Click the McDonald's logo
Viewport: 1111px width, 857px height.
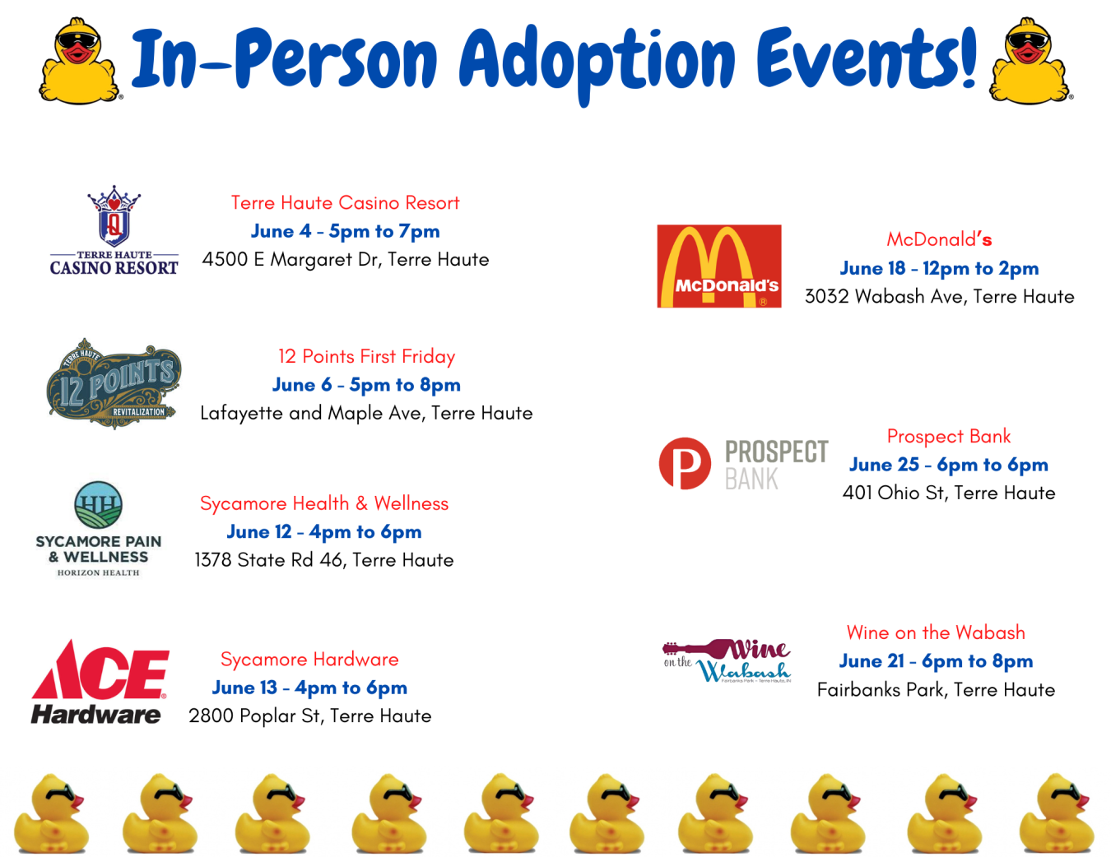(718, 266)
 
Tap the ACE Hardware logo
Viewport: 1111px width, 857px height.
(100, 683)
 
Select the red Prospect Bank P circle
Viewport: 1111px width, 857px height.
(685, 463)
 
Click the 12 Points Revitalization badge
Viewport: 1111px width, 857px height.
(113, 384)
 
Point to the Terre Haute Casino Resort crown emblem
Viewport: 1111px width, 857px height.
(114, 216)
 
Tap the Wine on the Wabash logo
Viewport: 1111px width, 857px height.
(727, 661)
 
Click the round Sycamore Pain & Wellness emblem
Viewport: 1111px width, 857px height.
(98, 505)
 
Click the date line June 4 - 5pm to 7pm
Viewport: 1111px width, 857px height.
(345, 231)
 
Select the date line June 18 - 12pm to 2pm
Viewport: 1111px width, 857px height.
(939, 268)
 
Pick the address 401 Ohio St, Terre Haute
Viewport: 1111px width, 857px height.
(948, 493)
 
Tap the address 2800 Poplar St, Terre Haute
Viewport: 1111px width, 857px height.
(309, 716)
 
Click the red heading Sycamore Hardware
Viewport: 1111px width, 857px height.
(309, 660)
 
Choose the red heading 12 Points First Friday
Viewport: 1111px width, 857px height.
(366, 356)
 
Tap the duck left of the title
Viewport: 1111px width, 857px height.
(81, 61)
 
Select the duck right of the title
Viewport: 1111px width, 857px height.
(1030, 61)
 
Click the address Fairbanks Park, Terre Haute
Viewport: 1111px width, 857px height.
(936, 690)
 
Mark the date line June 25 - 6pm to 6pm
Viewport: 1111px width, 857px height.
(948, 465)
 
